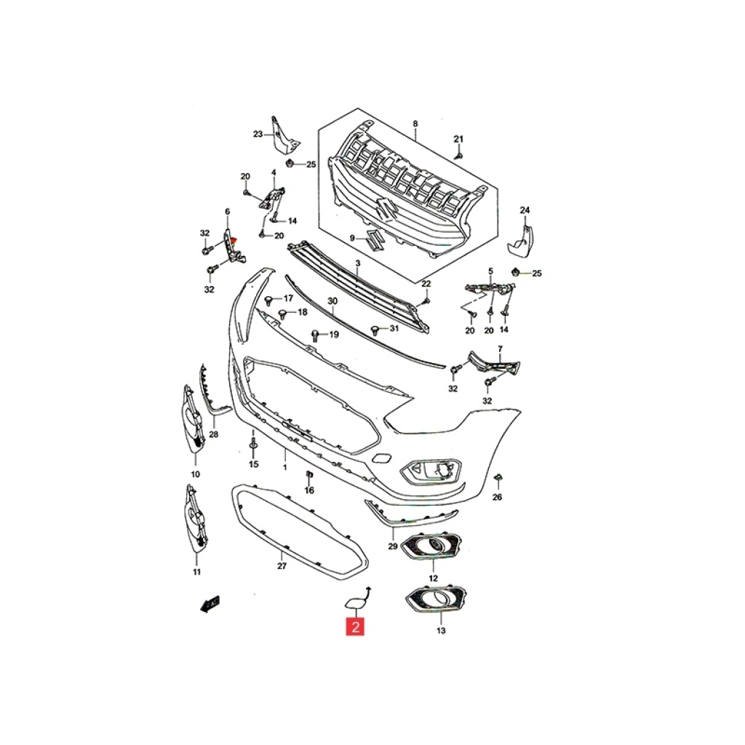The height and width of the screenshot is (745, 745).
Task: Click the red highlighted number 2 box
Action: pyautogui.click(x=355, y=626)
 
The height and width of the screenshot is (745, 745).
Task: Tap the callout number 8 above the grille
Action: pyautogui.click(x=415, y=124)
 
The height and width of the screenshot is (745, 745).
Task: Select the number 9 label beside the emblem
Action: pyautogui.click(x=352, y=238)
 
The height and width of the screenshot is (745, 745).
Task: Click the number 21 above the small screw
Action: pyautogui.click(x=458, y=139)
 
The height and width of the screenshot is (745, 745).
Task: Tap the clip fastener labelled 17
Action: pyautogui.click(x=269, y=300)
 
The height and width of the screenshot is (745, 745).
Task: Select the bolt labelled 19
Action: pyautogui.click(x=315, y=335)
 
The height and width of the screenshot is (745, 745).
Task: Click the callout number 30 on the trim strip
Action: pyautogui.click(x=332, y=301)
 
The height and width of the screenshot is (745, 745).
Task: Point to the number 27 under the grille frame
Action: pyautogui.click(x=282, y=566)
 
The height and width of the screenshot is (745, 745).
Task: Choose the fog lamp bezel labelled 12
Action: pyautogui.click(x=431, y=546)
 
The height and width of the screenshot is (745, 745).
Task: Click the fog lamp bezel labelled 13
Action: pyautogui.click(x=436, y=599)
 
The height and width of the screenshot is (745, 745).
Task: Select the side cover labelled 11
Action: pyautogui.click(x=196, y=519)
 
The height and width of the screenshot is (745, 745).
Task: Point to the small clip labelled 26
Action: pyautogui.click(x=498, y=477)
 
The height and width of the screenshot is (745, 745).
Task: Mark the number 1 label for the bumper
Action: pyautogui.click(x=285, y=468)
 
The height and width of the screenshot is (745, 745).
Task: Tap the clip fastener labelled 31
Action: pyautogui.click(x=375, y=330)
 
